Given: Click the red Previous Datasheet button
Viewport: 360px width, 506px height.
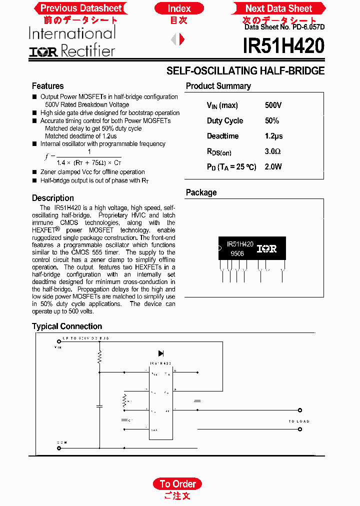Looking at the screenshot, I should pos(80,8).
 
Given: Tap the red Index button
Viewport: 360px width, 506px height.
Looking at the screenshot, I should pos(179,8).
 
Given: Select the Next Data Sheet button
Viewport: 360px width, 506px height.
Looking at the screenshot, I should pos(278,8).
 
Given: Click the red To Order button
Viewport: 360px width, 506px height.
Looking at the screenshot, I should pos(177,483).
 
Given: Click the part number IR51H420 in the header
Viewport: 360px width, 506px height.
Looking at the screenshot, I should pos(283,46).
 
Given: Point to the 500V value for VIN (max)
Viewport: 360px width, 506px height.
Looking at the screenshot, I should pos(273,105).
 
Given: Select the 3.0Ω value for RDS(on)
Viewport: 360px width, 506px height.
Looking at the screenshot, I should pos(272,151).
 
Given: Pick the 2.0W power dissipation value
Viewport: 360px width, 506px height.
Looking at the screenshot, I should pos(273,167).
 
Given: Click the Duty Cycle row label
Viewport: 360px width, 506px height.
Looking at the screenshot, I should pos(224,121).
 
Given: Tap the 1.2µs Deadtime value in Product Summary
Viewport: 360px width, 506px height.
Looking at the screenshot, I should pos(273,136).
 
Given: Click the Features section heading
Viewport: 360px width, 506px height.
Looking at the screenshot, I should pos(47,86).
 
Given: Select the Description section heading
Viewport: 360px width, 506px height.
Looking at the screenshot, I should pos(52,198).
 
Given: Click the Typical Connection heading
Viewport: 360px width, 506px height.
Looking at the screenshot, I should pos(66,326).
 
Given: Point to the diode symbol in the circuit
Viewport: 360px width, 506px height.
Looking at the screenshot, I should pos(161,353).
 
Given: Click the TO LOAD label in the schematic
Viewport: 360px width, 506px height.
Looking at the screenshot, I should pos(299,421).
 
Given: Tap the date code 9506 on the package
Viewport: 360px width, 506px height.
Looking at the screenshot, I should pos(237,254).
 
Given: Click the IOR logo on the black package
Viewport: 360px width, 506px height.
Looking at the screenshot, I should pos(266,248).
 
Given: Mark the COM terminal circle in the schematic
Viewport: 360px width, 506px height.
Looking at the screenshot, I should pos(58,448).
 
